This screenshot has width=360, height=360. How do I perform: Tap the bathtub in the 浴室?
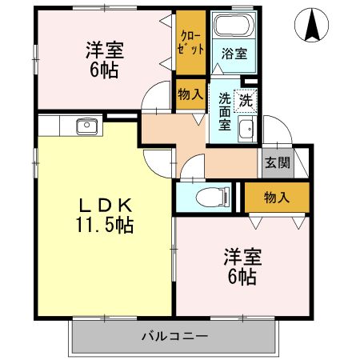click(231, 26)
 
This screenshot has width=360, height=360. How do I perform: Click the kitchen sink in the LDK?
click(86, 126)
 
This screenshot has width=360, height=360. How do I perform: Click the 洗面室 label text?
click(225, 113)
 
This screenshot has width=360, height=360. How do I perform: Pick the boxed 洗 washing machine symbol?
click(246, 101)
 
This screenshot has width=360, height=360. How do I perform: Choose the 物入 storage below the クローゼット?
click(189, 94)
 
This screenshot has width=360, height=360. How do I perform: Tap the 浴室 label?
click(234, 54)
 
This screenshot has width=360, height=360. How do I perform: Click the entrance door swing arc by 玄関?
click(274, 130)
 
